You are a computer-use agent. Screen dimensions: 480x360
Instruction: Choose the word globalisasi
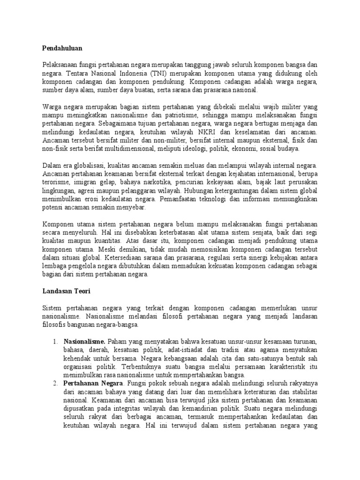(84, 166)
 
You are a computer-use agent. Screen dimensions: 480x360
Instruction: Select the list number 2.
(54, 383)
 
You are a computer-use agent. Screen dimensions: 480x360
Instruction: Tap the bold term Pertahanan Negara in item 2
(93, 383)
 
